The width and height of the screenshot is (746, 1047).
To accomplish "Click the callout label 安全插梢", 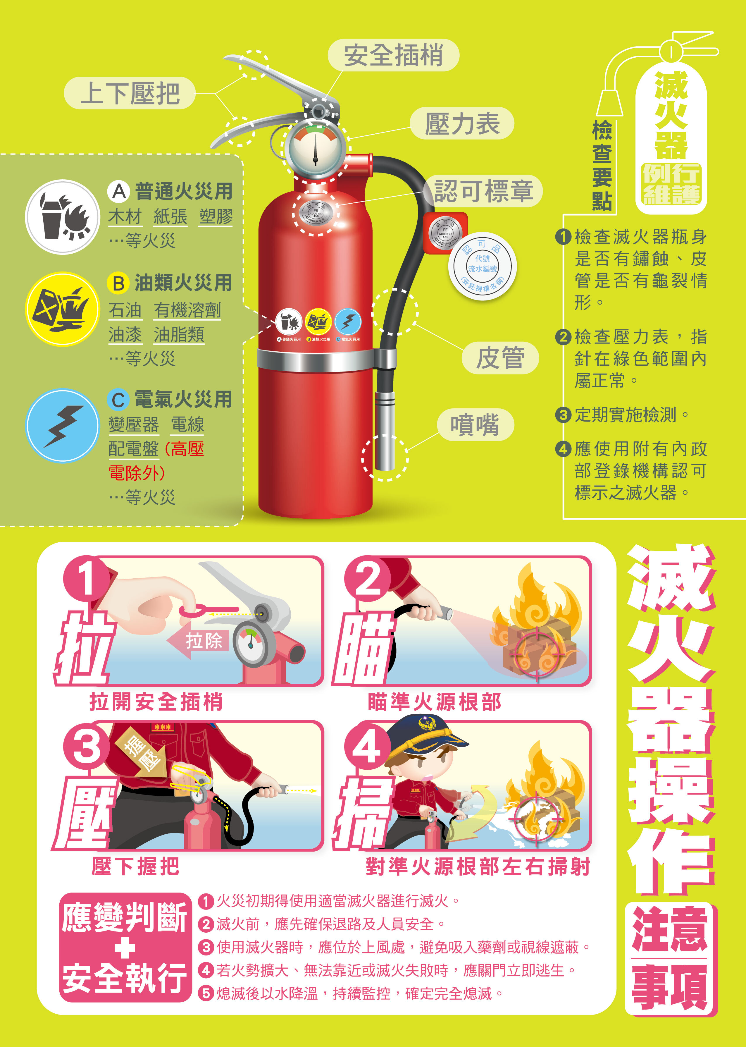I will pyautogui.click(x=393, y=55).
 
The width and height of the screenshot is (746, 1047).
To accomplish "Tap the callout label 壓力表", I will pyautogui.click(x=462, y=123).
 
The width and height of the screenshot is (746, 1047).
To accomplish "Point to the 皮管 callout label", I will pyautogui.click(x=500, y=358).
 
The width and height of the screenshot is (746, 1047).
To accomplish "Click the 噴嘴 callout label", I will pyautogui.click(x=475, y=424).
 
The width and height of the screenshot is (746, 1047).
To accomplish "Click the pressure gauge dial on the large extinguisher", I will pyautogui.click(x=315, y=147).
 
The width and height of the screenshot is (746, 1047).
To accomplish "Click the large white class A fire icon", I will pyautogui.click(x=63, y=217).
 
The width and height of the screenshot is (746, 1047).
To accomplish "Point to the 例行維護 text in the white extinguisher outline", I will pyautogui.click(x=671, y=184).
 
